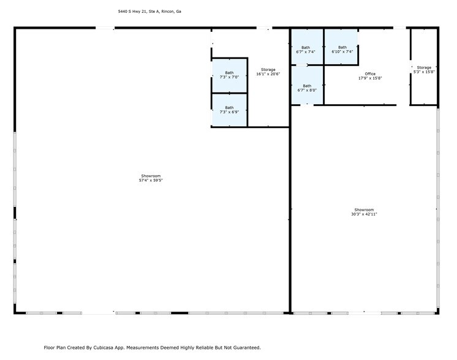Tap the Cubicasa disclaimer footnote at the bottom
tap(152, 347)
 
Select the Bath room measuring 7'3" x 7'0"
tap(229, 75)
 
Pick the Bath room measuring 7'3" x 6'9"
tap(229, 110)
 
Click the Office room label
tap(370, 74)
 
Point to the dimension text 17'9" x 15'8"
tap(370, 78)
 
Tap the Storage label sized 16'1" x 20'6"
tap(268, 70)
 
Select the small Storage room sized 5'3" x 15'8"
tap(424, 69)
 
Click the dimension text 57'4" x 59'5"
tap(151, 181)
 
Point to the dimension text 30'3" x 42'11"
tap(364, 214)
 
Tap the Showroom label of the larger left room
tap(151, 176)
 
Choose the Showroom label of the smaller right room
tap(364, 210)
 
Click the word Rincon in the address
tap(166, 11)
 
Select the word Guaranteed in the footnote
tap(246, 347)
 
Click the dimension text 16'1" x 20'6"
tap(268, 74)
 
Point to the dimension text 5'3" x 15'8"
tap(424, 72)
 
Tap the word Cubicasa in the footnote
tap(104, 347)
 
